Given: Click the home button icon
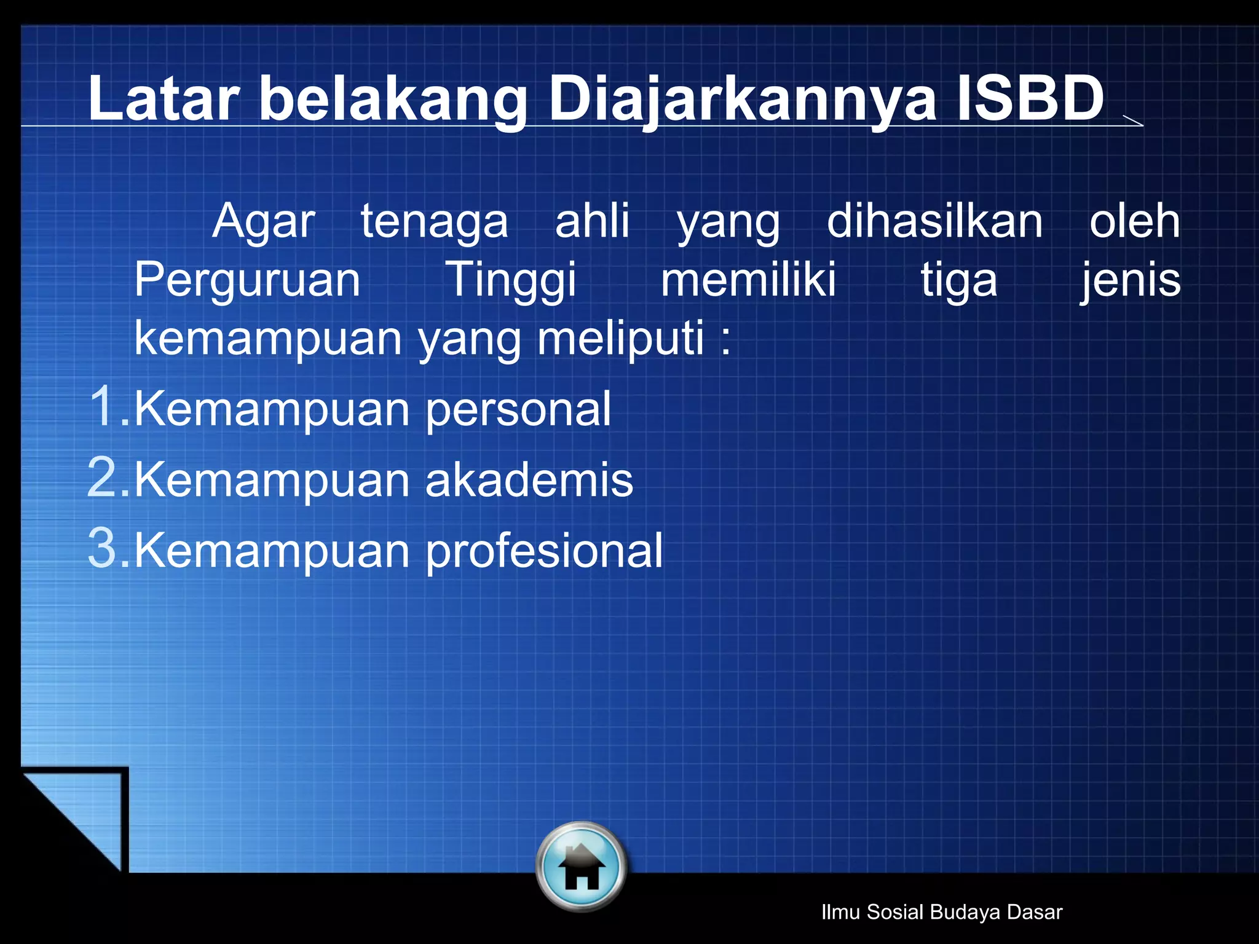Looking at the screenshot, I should click(581, 867).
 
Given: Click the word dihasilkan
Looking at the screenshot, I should click(934, 221).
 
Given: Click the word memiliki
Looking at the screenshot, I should click(748, 280).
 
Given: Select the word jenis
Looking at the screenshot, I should click(1131, 280).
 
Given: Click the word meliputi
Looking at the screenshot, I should click(620, 339).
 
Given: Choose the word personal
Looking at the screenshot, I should click(518, 411).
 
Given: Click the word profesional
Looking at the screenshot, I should click(544, 551).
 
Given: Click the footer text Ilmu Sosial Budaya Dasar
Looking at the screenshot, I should click(942, 912).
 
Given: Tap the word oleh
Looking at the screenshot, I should click(1134, 221).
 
